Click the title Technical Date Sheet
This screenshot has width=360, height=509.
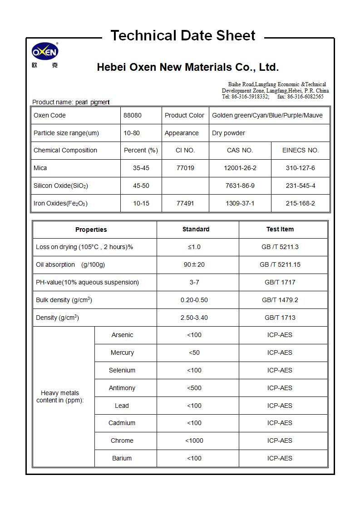pyautogui.click(x=183, y=35)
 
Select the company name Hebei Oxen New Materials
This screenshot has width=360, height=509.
pyautogui.click(x=187, y=68)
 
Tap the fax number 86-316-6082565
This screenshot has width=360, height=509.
pyautogui.click(x=306, y=97)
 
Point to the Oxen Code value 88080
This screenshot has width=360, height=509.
pyautogui.click(x=133, y=115)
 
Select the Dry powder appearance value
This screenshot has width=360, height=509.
pyautogui.click(x=228, y=133)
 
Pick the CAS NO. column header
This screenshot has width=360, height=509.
pyautogui.click(x=240, y=150)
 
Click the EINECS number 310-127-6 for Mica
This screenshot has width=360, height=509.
pyautogui.click(x=300, y=168)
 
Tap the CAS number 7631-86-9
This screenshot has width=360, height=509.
pyautogui.click(x=240, y=186)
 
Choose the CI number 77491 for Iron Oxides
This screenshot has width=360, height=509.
pyautogui.click(x=185, y=203)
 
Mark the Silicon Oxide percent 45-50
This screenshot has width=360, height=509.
pyautogui.click(x=141, y=186)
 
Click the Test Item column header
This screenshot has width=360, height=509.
pyautogui.click(x=280, y=229)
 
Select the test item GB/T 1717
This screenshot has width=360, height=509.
pyautogui.click(x=280, y=282)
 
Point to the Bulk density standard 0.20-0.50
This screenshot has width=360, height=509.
pyautogui.click(x=194, y=300)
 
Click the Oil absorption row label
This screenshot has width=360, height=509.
pyautogui.click(x=70, y=264)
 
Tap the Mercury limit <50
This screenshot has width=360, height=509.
pyautogui.click(x=194, y=352)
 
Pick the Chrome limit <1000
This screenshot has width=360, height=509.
pyautogui.click(x=194, y=440)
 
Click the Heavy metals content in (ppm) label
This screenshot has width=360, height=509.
pyautogui.click(x=60, y=396)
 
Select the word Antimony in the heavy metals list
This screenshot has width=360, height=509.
pyautogui.click(x=122, y=388)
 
